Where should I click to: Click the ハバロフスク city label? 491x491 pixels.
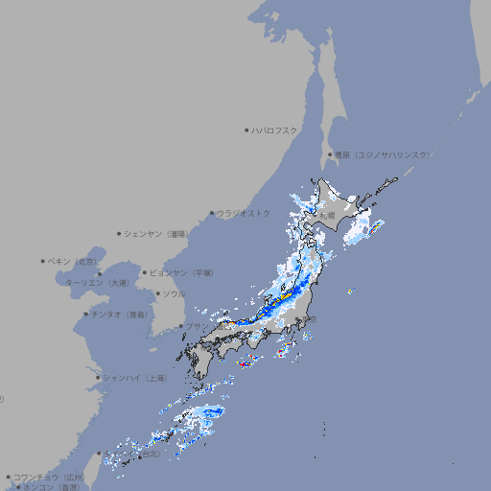[x=275, y=129]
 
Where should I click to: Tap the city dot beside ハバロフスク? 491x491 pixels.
[x=246, y=129]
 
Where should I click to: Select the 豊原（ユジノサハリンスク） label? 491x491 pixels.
[x=382, y=154]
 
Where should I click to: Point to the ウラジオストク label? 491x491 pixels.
[x=244, y=213]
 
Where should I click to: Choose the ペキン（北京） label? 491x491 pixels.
[x=74, y=261]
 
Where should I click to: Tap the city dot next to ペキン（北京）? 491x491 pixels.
[x=43, y=261]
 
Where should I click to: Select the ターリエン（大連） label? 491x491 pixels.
[x=97, y=283]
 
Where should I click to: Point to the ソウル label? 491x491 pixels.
[x=174, y=293]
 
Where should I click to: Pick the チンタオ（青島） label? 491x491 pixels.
[x=120, y=314]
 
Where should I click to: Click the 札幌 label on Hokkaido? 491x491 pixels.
[x=328, y=216]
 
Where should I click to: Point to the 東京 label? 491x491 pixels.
[x=309, y=320]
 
